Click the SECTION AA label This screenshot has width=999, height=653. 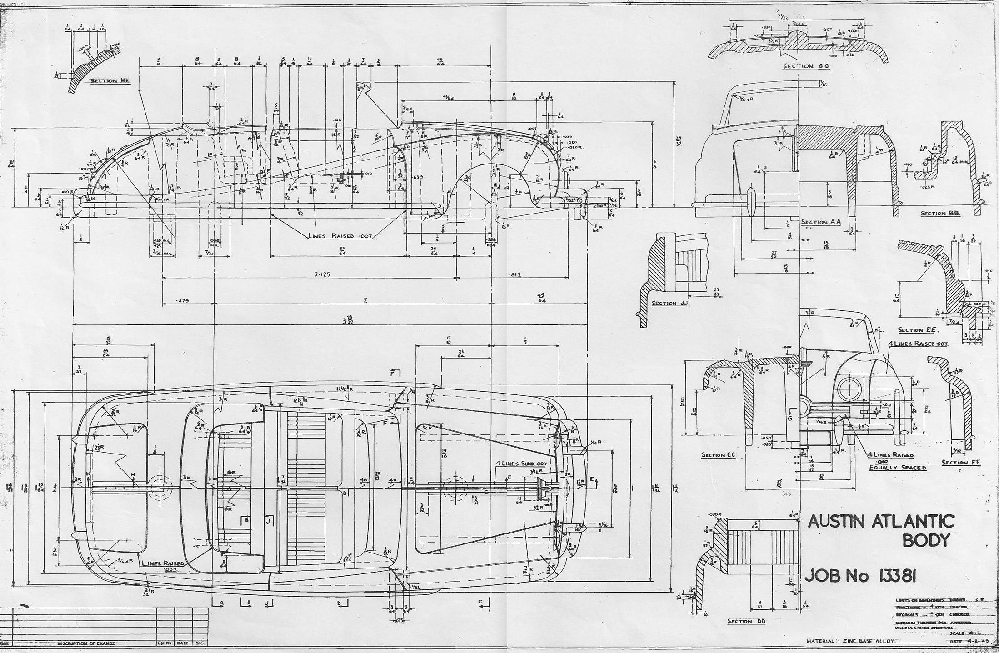pos(821,222)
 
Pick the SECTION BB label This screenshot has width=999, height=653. pos(940,213)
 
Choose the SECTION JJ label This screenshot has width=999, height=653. pos(670,303)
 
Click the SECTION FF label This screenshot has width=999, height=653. pos(961,463)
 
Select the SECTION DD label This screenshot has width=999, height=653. pos(747,621)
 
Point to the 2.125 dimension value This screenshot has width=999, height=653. pos(322,274)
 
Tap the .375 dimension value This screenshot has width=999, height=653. pos(183,300)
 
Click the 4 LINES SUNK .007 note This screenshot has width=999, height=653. pos(521,464)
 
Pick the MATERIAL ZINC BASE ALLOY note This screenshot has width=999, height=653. pos(850,641)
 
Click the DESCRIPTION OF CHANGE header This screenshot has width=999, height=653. pos(86,643)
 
